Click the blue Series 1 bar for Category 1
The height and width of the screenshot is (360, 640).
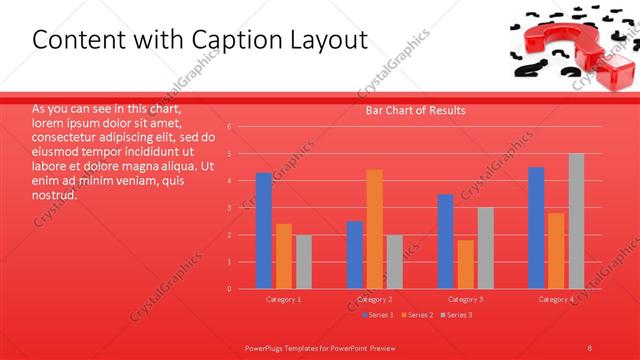264,231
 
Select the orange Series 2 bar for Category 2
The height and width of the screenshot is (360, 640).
374,229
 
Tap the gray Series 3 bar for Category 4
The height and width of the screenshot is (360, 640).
576,221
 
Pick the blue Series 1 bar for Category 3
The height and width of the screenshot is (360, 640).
446,241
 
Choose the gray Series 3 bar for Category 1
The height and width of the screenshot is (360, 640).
303,262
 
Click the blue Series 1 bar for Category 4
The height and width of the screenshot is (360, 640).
536,228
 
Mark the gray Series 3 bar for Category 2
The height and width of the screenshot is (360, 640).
394,262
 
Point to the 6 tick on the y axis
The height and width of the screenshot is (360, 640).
229,127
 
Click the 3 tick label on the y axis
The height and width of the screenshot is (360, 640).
229,208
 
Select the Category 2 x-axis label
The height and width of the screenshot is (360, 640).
374,299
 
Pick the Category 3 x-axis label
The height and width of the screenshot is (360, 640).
465,299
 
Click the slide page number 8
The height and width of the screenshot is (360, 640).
590,347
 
